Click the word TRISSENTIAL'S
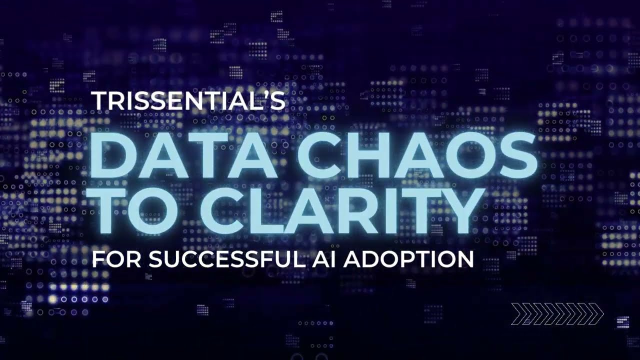(188, 101)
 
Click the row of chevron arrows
(557, 314)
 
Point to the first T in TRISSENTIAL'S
(98, 101)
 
